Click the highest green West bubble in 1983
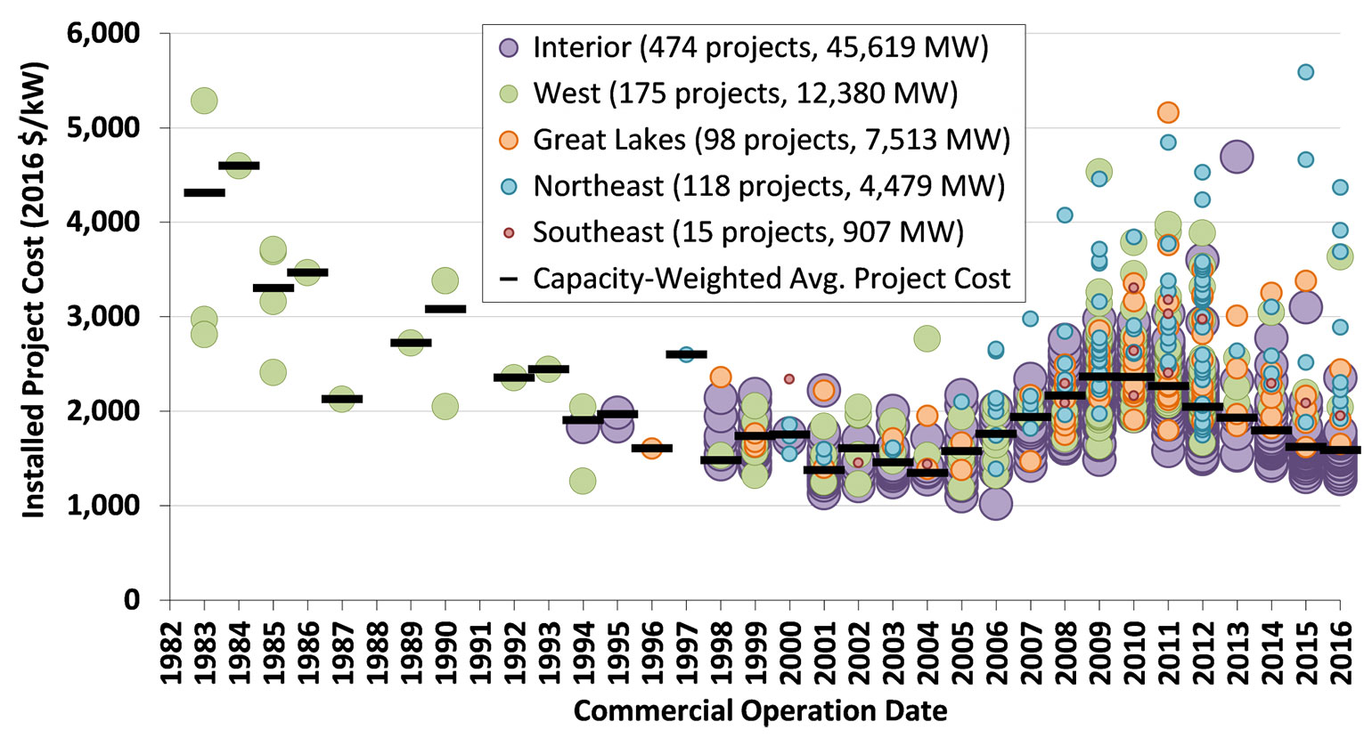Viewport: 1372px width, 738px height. click(x=204, y=101)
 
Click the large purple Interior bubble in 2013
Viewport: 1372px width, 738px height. click(x=1237, y=158)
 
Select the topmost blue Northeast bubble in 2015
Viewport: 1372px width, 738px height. click(x=1305, y=72)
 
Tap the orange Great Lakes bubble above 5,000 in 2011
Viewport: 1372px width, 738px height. click(x=1168, y=112)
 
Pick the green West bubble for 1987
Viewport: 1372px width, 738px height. click(x=342, y=399)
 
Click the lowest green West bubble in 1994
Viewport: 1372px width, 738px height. click(x=583, y=481)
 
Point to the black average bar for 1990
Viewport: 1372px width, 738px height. click(x=445, y=309)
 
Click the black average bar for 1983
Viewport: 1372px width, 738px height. click(x=204, y=192)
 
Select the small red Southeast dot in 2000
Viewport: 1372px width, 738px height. click(x=788, y=378)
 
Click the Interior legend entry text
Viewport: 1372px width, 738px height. click(x=760, y=47)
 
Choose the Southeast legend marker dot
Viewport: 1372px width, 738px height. click(x=509, y=232)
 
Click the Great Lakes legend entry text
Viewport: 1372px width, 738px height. click(x=771, y=140)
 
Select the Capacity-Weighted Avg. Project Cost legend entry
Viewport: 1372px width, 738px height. click(x=771, y=279)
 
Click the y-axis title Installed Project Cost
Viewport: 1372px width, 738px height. click(x=33, y=316)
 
